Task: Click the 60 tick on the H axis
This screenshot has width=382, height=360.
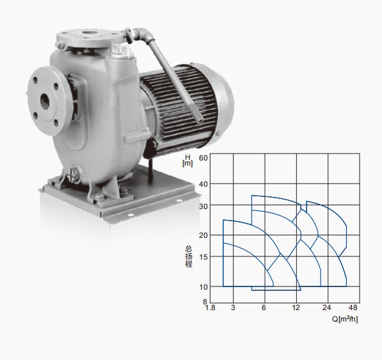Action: (x=203, y=158)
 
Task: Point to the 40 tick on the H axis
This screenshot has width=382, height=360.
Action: (x=203, y=184)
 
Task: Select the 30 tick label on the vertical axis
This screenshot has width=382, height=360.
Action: (x=203, y=207)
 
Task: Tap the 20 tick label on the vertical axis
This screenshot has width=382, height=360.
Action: (x=203, y=235)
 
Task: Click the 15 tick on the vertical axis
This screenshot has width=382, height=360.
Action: (x=203, y=257)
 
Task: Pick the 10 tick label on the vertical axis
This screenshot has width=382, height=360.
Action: (x=203, y=287)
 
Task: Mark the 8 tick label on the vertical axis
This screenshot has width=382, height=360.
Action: (x=205, y=302)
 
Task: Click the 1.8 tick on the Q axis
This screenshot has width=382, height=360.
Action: (x=211, y=308)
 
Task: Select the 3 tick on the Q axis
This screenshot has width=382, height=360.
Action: (x=233, y=308)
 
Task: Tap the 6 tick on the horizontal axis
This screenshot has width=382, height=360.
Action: (x=264, y=308)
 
